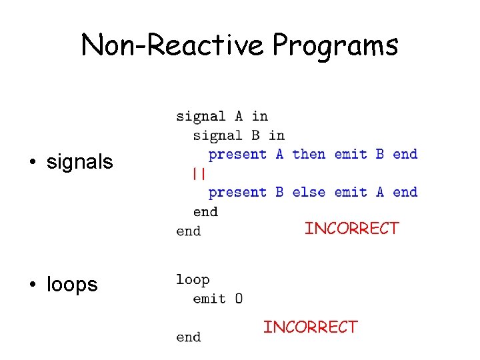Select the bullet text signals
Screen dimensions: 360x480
tap(80, 161)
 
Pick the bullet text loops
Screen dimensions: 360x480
tap(72, 285)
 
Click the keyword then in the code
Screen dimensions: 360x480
tap(309, 154)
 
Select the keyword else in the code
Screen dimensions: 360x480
tap(309, 192)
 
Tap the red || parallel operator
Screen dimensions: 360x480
tap(198, 173)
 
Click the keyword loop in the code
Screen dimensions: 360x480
tap(193, 280)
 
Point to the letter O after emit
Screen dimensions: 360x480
tap(238, 299)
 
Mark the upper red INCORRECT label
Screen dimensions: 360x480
tap(351, 229)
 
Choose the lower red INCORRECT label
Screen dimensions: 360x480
tap(310, 327)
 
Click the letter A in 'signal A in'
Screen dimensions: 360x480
tap(239, 117)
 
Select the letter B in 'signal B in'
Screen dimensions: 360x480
tap(255, 135)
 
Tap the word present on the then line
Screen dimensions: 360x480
tap(237, 155)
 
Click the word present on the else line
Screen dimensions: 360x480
tap(237, 193)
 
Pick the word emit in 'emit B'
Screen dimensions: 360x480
tap(351, 154)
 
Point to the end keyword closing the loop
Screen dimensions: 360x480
tap(188, 337)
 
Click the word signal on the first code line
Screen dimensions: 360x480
tap(201, 117)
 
